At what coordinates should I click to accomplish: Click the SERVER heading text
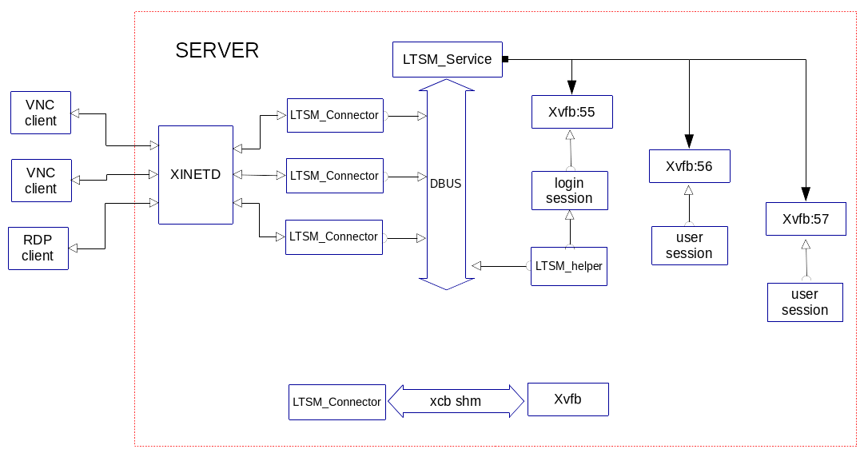217,50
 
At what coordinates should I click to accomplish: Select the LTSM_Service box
447,59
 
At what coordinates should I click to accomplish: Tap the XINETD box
196,174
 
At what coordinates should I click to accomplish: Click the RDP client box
38,248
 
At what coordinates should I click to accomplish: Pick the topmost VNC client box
41,113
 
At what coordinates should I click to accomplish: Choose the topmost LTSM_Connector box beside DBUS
334,115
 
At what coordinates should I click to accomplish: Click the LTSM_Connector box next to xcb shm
336,402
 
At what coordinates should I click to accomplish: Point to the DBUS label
446,183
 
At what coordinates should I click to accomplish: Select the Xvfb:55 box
571,112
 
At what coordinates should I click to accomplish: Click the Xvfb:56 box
689,166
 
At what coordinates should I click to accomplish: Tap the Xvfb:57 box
806,219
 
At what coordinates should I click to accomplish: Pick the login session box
570,190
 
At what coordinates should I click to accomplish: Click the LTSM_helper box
569,266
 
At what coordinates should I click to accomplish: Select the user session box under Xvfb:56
689,245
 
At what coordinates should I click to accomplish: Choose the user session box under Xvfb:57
805,302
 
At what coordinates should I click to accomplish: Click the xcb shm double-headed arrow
456,401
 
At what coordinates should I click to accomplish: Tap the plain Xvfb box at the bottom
567,399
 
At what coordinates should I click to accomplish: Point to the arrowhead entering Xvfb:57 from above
806,194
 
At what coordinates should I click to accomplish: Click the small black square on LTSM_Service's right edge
505,59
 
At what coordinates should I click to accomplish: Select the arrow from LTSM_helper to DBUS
500,265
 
